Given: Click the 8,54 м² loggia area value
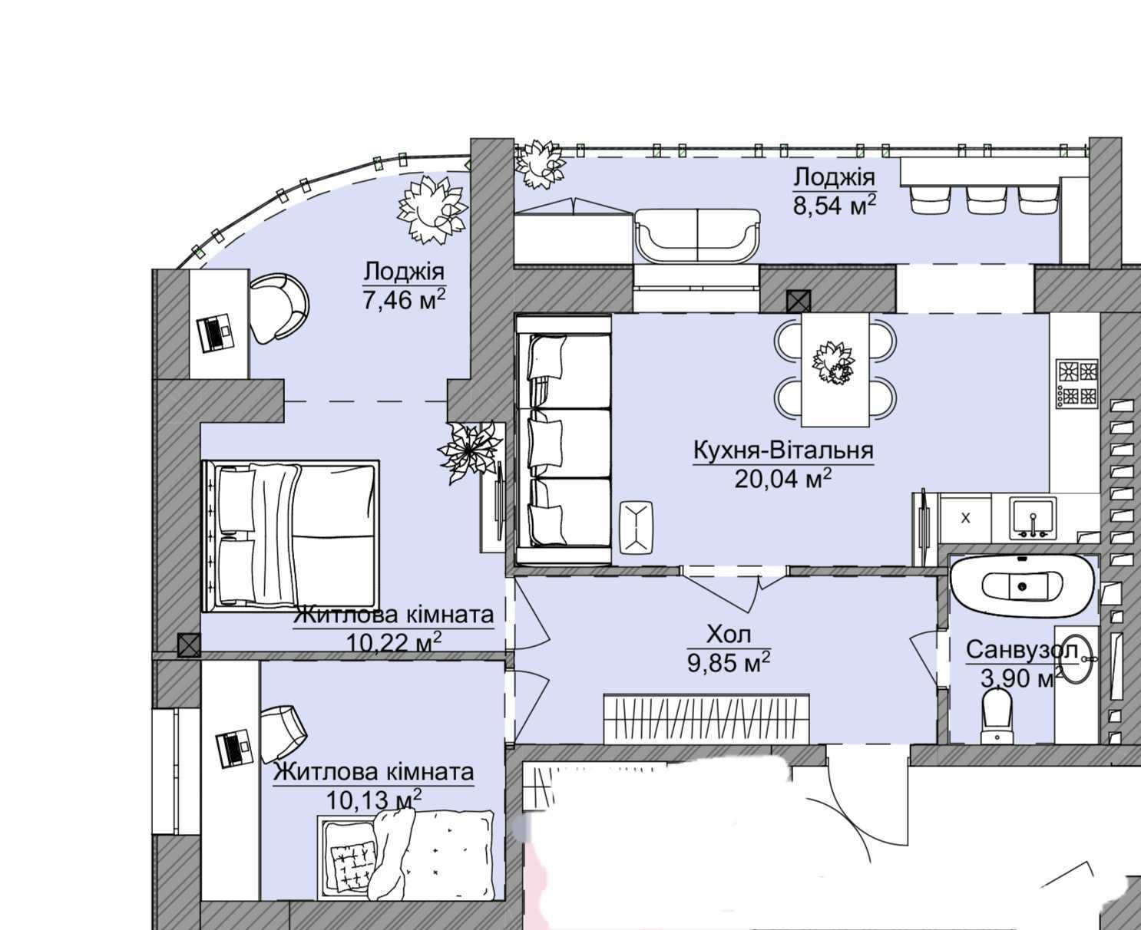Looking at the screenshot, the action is coord(835,206).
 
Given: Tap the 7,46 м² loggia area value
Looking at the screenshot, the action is coord(404,300).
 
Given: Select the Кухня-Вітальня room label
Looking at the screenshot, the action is coord(783,450).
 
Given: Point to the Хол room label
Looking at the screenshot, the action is coord(729,635).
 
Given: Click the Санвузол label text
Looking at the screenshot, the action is coord(1022,650).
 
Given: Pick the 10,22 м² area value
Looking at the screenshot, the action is coord(393,643).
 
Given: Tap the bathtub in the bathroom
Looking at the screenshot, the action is coord(1023,585).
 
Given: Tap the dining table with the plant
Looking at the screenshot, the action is coord(835,371).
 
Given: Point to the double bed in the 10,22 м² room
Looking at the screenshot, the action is coord(290,536).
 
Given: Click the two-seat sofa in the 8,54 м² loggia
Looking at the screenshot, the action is coord(697,236).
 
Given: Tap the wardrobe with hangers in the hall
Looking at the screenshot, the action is coord(706,718).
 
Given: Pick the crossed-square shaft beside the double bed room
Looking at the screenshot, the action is coord(189,645).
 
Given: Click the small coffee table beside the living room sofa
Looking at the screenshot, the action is coord(636,527).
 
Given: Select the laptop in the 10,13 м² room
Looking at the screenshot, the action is coord(235,747).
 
